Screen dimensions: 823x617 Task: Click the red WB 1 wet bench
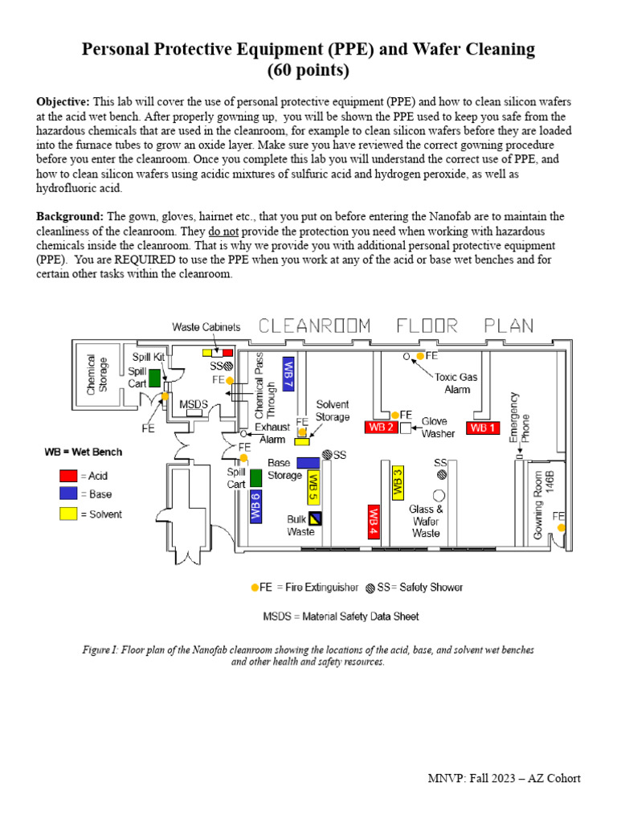(x=484, y=428)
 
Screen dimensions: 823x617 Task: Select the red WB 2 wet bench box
(x=381, y=427)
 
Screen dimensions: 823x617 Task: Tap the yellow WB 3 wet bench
(x=397, y=481)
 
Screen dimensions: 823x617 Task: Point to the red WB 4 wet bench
(x=374, y=522)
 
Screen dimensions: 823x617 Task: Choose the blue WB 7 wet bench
(x=288, y=374)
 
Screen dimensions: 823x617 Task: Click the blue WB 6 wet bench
(x=255, y=506)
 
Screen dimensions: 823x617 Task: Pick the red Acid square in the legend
(x=64, y=476)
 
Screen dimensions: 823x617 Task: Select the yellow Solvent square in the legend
(x=64, y=514)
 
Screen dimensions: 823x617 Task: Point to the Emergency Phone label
(x=514, y=418)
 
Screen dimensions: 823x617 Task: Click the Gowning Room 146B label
(x=545, y=495)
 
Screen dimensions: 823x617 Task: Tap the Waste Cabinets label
(x=206, y=326)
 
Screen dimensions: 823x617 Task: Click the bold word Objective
(x=63, y=102)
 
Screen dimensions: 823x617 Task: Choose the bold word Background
(x=70, y=217)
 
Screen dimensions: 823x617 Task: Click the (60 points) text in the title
(x=308, y=70)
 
